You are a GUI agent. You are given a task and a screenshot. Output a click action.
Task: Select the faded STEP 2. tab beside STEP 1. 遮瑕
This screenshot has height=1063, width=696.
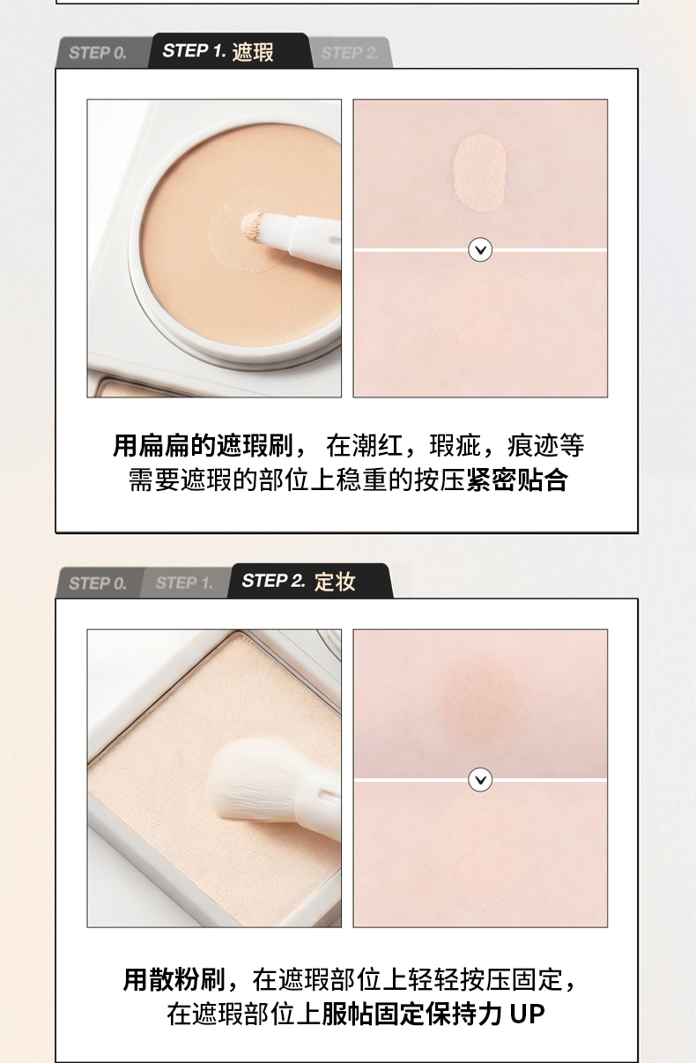pyautogui.click(x=351, y=53)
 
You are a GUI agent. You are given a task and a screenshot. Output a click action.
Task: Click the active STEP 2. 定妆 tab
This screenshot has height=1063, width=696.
pyautogui.click(x=310, y=581)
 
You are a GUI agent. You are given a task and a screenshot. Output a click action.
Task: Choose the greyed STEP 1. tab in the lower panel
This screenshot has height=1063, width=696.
pyautogui.click(x=185, y=583)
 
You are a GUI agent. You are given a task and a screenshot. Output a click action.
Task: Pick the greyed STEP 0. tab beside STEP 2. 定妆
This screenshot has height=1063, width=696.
pyautogui.click(x=98, y=583)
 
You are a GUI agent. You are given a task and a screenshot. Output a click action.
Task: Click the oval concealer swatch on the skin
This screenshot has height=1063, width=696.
pyautogui.click(x=479, y=172)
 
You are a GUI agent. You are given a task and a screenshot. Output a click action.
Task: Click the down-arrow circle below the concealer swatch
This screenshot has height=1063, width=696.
pyautogui.click(x=480, y=249)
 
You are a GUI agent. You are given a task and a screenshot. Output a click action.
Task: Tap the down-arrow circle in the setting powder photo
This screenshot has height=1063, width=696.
pyautogui.click(x=480, y=780)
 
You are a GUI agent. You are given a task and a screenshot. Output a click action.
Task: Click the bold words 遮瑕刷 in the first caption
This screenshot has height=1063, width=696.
pyautogui.click(x=255, y=445)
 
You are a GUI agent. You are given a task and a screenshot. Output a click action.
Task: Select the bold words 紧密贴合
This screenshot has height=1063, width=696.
pyautogui.click(x=516, y=479)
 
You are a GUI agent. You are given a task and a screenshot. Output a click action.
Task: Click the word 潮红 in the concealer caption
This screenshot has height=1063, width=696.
pyautogui.click(x=377, y=445)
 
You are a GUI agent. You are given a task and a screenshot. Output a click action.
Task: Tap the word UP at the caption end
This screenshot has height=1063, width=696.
pyautogui.click(x=527, y=1015)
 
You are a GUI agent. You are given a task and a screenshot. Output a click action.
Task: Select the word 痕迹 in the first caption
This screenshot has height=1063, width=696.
pyautogui.click(x=533, y=445)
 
